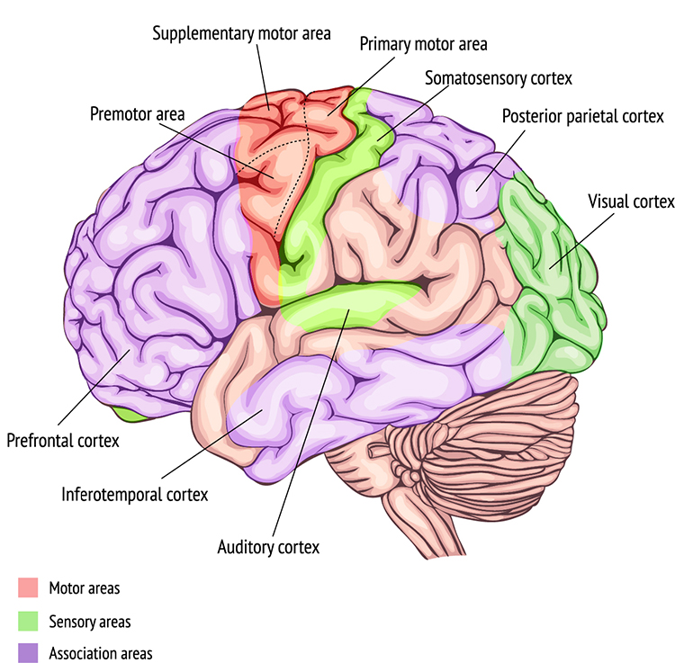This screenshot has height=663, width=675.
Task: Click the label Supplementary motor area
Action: click(241, 33)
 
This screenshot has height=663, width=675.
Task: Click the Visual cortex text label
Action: click(630, 202)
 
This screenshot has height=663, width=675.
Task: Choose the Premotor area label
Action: click(137, 114)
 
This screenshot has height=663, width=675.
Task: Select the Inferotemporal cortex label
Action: click(135, 494)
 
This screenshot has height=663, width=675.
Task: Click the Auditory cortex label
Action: click(269, 546)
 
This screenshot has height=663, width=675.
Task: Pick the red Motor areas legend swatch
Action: click(28, 588)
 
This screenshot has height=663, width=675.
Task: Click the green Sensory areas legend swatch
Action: click(28, 621)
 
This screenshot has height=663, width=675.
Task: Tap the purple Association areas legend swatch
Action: click(28, 653)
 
